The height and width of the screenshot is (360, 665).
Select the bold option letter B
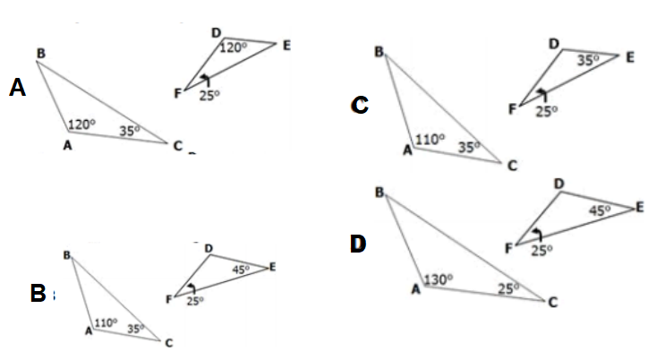38,293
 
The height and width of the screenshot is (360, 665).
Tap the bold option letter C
360,106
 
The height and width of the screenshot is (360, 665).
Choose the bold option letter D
358,243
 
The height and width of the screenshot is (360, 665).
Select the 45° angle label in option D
599,210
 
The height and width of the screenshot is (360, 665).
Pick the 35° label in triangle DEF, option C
586,60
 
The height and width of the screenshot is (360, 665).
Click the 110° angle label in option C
430,140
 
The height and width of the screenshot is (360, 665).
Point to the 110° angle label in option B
106,322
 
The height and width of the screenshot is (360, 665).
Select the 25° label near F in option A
209,97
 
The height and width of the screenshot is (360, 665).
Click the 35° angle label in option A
131,131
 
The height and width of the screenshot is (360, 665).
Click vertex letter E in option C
630,57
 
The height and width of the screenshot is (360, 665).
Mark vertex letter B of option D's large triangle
379,193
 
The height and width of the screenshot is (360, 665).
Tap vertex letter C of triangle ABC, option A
179,146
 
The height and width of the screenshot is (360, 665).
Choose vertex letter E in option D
639,208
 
